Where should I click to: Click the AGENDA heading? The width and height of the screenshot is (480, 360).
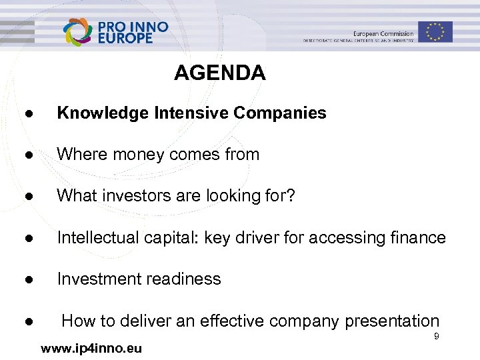[219, 72]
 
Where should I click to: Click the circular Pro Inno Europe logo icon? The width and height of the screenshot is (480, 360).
[79, 32]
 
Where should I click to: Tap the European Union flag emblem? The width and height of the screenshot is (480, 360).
[435, 31]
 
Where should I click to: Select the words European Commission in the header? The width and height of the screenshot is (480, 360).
[383, 34]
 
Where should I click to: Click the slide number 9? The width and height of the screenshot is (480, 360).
[436, 337]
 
